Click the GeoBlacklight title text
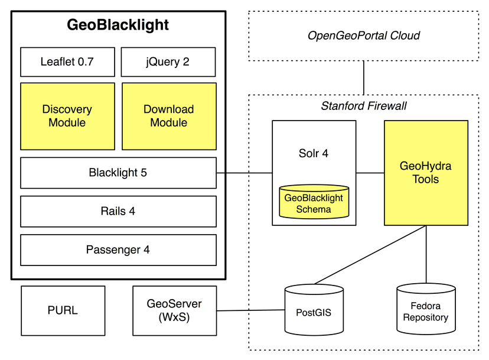[x=118, y=25]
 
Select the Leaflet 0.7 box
[x=67, y=61]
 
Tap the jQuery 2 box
[x=168, y=61]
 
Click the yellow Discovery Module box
[x=67, y=116]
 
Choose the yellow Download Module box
[x=168, y=116]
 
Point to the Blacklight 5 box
[x=118, y=173]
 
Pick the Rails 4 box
[x=118, y=211]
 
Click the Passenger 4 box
[x=118, y=249]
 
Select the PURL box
[x=63, y=310]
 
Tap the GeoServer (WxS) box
[x=174, y=310]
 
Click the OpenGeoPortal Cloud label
[x=363, y=35]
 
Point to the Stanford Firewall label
[x=363, y=106]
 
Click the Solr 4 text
[x=314, y=154]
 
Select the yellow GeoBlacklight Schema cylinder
[x=314, y=203]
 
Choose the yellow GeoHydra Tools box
[x=426, y=173]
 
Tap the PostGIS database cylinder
[x=314, y=309]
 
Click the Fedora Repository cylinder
[x=426, y=309]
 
